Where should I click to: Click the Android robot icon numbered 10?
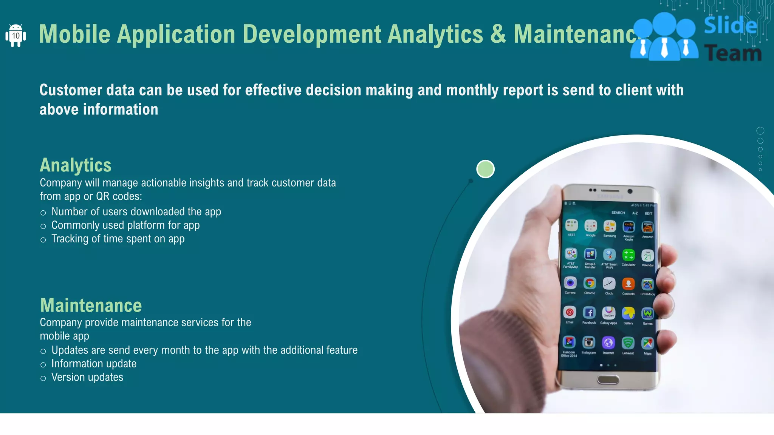(15, 36)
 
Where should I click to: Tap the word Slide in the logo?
(730, 26)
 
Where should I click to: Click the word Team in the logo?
(733, 53)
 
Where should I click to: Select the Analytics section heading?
(76, 165)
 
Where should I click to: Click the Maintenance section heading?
(91, 305)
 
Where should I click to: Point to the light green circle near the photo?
(485, 169)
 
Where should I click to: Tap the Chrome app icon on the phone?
(590, 283)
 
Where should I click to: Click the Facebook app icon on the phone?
(589, 313)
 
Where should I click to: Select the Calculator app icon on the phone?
(628, 255)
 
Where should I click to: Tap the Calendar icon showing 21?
(648, 256)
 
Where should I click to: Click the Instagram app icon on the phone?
(588, 342)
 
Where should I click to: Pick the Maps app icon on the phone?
(648, 343)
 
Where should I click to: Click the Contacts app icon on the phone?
(628, 284)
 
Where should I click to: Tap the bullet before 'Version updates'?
(43, 378)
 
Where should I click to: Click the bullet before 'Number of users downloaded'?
(43, 213)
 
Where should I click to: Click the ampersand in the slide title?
(498, 34)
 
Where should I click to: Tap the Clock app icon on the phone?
(609, 283)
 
